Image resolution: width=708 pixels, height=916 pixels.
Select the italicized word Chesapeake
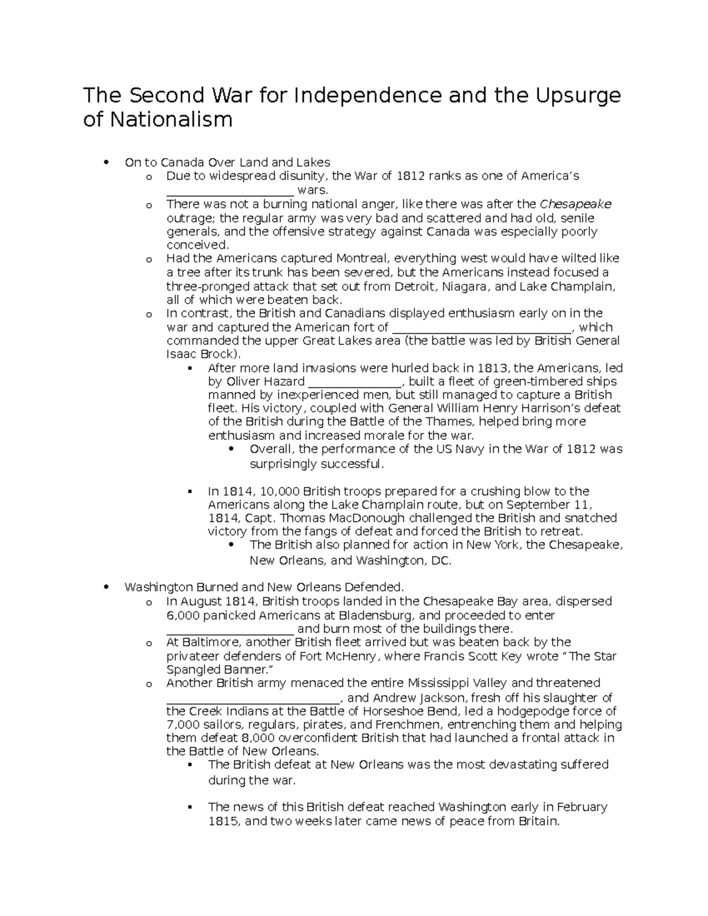point(575,204)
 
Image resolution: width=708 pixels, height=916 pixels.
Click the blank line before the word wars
point(230,191)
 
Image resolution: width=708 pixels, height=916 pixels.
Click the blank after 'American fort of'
point(482,328)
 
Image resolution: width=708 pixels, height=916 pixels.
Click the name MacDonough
point(360,518)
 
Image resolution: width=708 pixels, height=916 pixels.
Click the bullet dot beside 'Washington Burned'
point(106,587)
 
